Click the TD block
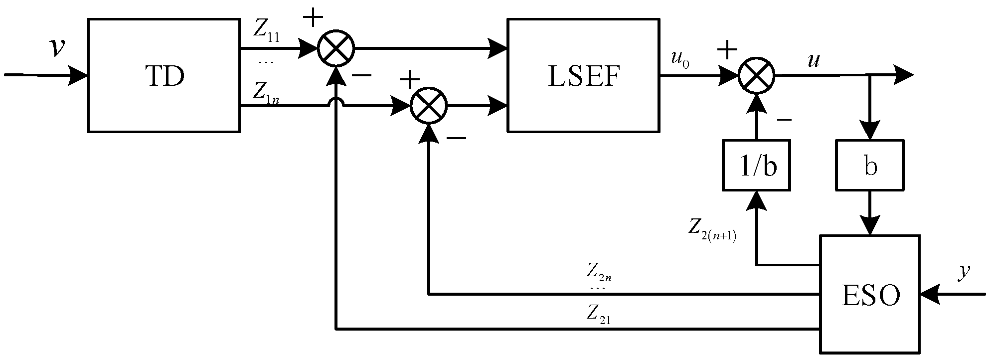(164, 76)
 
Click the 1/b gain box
(757, 166)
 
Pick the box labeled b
(870, 166)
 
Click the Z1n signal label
(265, 92)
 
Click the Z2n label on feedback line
(598, 273)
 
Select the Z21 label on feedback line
(598, 315)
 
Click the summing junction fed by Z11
(336, 49)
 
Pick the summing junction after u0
(756, 76)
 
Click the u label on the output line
(814, 60)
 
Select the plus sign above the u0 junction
(727, 49)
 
